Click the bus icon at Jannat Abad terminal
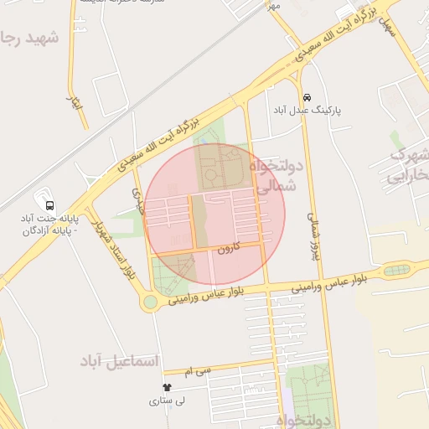[49, 204]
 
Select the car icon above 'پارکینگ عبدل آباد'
[308, 97]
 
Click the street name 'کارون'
[229, 249]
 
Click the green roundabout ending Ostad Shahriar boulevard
[150, 302]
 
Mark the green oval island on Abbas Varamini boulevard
[396, 271]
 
